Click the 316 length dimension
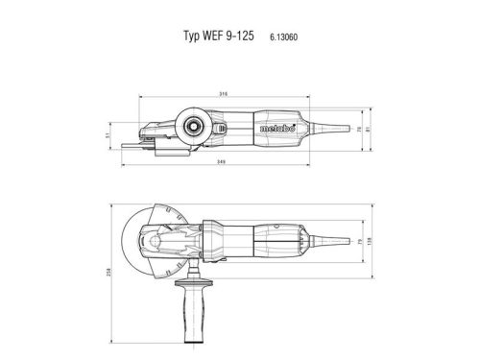223,94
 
